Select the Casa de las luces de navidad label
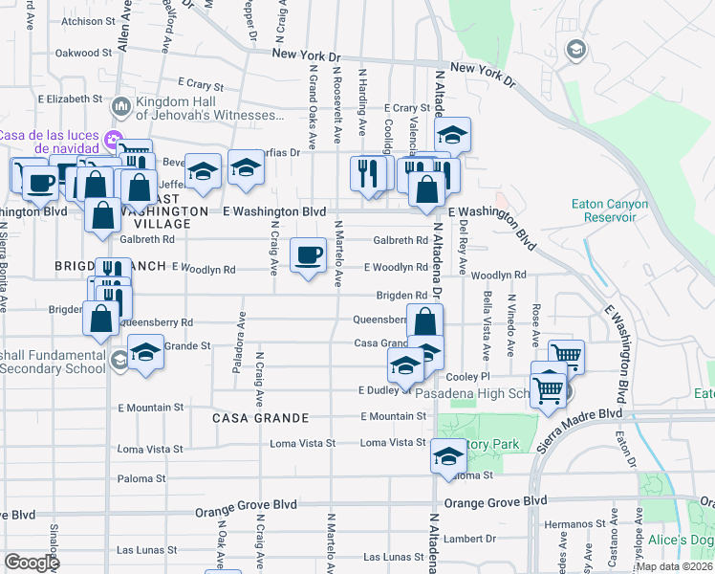[x=50, y=142]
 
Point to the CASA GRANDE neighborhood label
[x=261, y=418]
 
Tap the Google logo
[x=32, y=563]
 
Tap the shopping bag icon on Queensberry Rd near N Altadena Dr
[x=424, y=321]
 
